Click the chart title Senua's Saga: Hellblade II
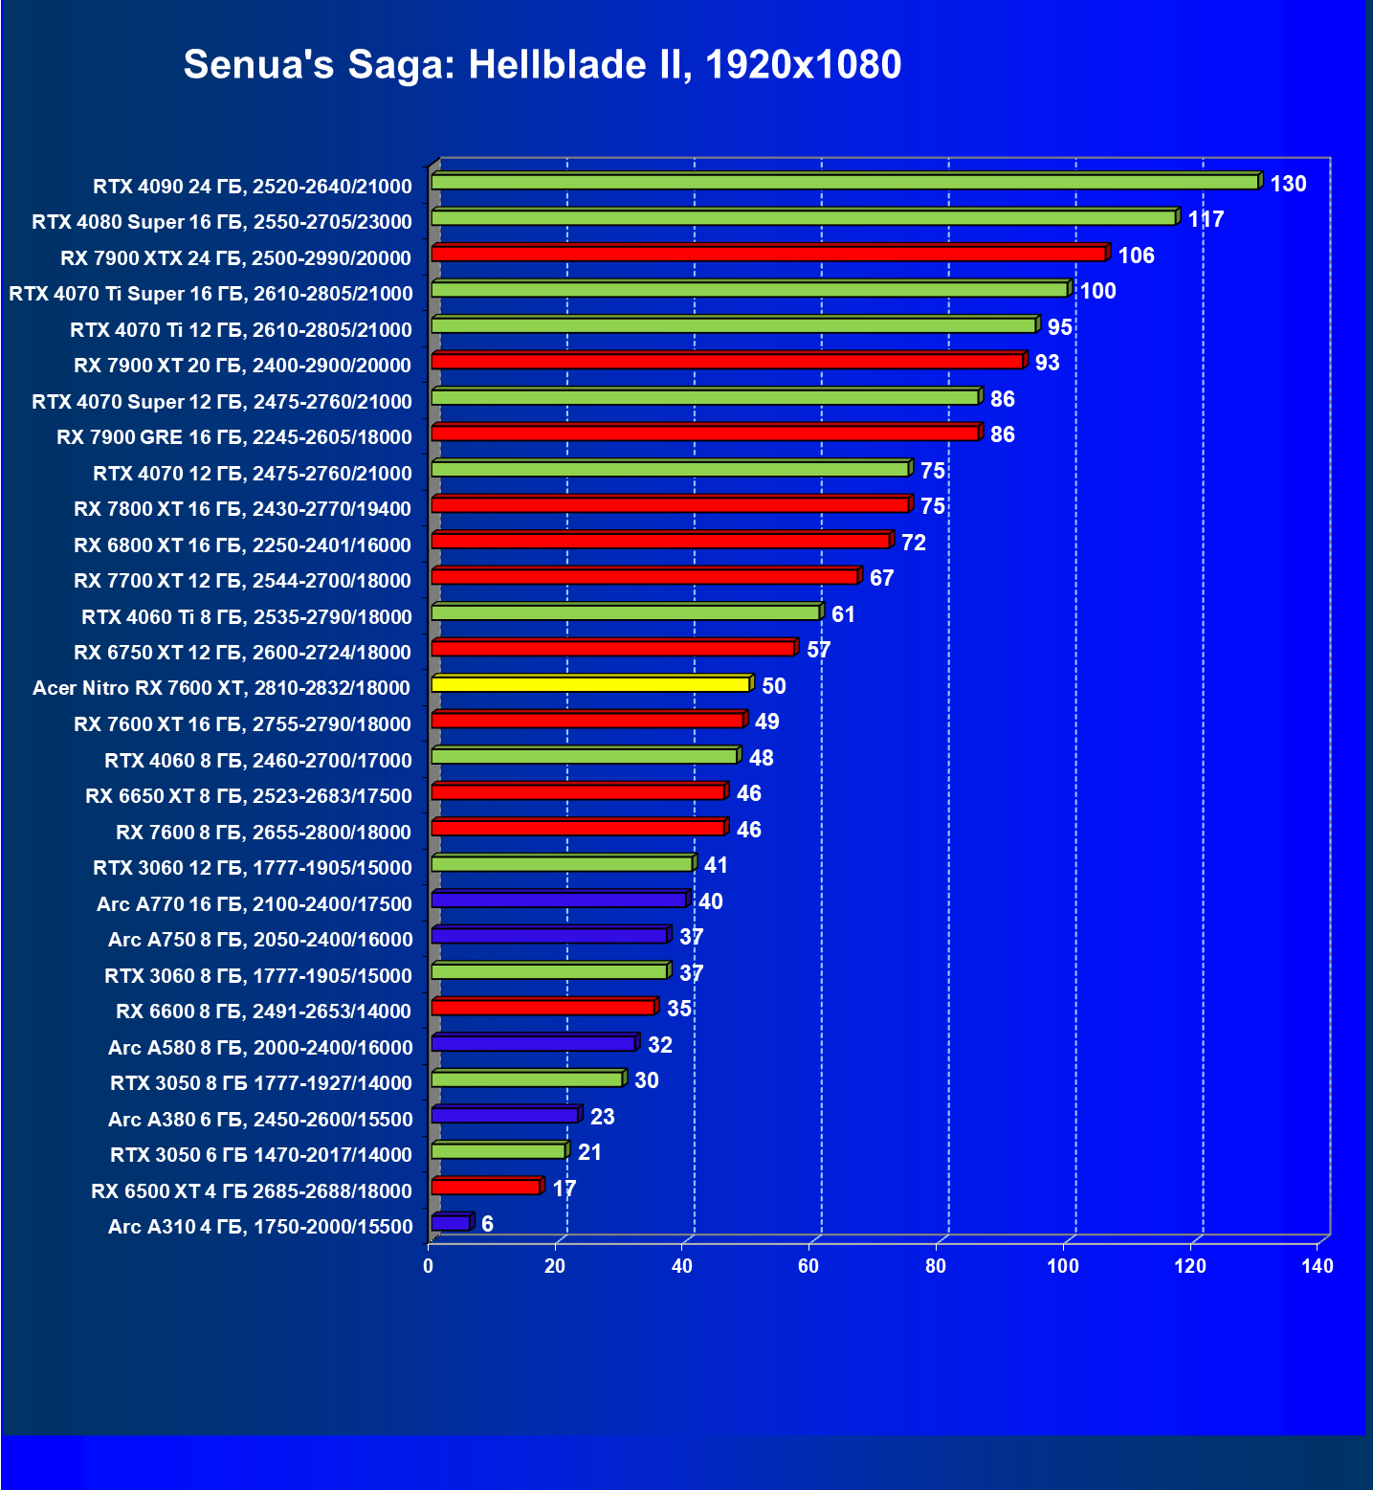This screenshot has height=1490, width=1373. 542,65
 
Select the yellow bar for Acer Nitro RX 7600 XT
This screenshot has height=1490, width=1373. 590,684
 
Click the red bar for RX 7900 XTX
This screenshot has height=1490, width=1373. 768,254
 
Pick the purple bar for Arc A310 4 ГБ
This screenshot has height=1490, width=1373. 451,1223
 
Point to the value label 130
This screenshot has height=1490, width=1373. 1288,184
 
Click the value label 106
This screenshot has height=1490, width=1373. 1136,256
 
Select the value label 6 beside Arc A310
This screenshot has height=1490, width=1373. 487,1224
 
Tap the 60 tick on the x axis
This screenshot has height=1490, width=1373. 808,1266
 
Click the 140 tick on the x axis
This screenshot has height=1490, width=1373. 1318,1266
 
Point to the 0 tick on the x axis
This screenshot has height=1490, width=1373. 428,1266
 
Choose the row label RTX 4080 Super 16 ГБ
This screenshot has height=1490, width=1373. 222,222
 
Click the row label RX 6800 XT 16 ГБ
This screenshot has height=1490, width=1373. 242,545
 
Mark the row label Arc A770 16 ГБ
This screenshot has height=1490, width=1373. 255,904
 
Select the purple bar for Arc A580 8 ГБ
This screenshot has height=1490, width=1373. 534,1043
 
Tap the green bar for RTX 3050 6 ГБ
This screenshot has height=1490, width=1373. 498,1151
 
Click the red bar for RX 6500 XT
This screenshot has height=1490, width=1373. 486,1187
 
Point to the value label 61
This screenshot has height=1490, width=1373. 843,614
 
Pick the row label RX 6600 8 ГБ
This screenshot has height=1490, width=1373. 263,1012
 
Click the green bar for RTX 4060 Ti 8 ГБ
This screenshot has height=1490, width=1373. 626,612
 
